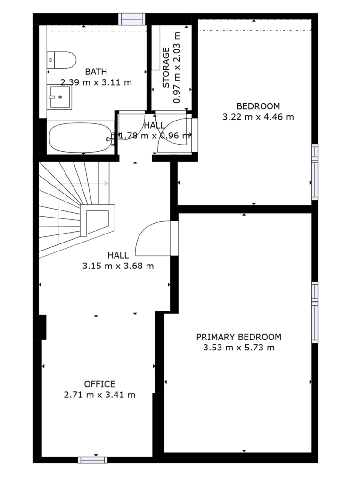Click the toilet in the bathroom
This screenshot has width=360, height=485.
click(x=61, y=60)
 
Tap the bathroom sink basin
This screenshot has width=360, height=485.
click(x=60, y=97)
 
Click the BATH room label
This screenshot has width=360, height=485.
click(x=96, y=72)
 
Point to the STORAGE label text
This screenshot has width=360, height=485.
click(x=166, y=67)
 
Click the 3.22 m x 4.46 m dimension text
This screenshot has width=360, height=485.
click(x=258, y=117)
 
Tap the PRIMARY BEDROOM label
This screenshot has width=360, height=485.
click(x=239, y=337)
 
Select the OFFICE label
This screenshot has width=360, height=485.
click(x=100, y=384)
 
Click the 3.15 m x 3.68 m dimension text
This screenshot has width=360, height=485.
click(x=118, y=266)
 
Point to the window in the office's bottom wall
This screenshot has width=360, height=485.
click(x=92, y=460)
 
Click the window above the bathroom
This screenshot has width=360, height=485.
click(x=132, y=19)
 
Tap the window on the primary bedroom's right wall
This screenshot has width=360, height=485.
click(x=314, y=312)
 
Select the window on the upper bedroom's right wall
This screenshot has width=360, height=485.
click(x=314, y=172)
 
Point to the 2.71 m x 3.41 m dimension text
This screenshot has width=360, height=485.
click(x=100, y=395)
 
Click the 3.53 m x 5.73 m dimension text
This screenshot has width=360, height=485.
click(x=239, y=348)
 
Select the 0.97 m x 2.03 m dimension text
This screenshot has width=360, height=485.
click(x=177, y=67)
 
